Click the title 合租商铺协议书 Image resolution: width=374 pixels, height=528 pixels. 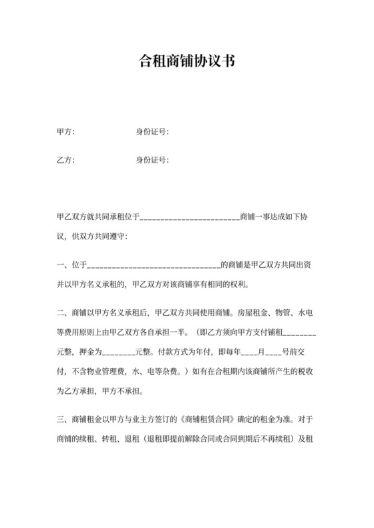[186, 61]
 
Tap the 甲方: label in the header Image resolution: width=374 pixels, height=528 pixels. [66, 132]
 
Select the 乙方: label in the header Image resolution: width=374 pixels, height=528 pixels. [66, 160]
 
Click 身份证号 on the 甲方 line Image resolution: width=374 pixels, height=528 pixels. [152, 132]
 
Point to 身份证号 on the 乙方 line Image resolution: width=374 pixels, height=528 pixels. [152, 160]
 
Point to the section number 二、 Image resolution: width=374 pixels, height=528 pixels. [62, 311]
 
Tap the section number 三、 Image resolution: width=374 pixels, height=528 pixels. [62, 420]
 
